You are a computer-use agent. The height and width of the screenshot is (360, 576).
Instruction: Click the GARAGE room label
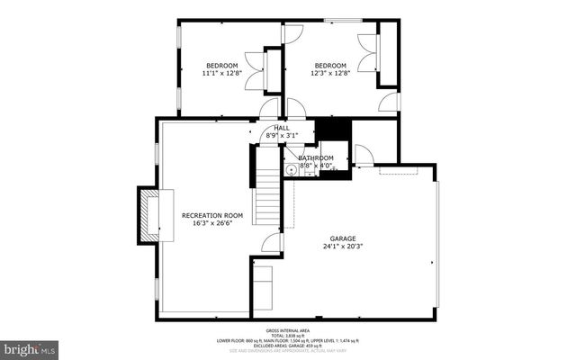(342, 238)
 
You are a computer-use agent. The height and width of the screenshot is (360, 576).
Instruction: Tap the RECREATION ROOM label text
(212, 215)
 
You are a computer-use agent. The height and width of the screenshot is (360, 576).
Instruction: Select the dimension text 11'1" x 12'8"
(221, 74)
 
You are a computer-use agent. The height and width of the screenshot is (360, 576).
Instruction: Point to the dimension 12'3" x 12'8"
(329, 74)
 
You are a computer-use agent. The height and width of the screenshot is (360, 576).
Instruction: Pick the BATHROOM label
(315, 158)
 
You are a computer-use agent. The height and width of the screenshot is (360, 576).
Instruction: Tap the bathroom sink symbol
(292, 170)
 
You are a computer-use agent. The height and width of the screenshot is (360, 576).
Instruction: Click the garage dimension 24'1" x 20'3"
(342, 246)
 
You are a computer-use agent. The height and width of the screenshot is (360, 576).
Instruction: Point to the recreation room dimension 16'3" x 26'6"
(212, 223)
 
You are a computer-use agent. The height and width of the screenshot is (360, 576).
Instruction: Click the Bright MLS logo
(30, 347)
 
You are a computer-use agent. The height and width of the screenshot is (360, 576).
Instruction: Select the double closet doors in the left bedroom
(255, 72)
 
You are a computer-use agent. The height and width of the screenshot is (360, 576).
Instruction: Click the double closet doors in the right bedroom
(367, 53)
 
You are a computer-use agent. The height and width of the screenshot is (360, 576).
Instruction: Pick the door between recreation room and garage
(271, 242)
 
